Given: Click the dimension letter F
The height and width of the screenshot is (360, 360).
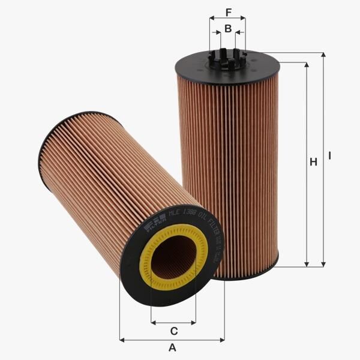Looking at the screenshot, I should point(228,12).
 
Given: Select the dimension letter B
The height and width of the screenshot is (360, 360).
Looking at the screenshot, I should point(228,28).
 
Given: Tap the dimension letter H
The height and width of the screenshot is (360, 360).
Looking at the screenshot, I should point(313,162).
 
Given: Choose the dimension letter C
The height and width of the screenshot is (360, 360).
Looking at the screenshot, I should point(173,331).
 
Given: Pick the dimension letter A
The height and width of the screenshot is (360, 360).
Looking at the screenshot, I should point(172,348).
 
